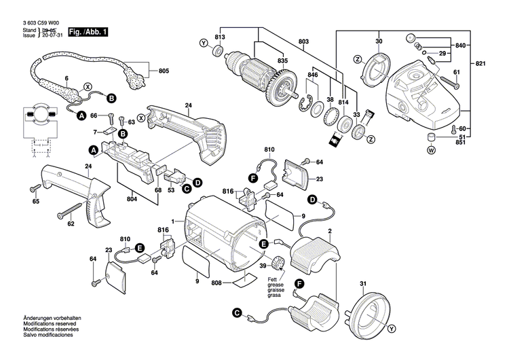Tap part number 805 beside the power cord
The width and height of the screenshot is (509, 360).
coord(164,71)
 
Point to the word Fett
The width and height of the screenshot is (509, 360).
coord(271,280)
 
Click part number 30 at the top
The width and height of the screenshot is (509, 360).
coord(379,42)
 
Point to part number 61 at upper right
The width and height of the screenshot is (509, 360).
coord(456,72)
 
